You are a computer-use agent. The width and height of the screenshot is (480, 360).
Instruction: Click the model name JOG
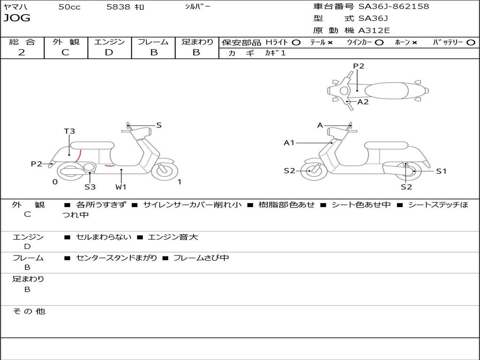pyautogui.click(x=17, y=18)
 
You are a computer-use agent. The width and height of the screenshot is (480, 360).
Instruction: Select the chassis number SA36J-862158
pyautogui.click(x=394, y=7)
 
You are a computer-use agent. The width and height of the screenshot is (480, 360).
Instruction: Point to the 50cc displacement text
pyautogui.click(x=69, y=7)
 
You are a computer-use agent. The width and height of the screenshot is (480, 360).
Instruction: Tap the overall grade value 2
pyautogui.click(x=22, y=52)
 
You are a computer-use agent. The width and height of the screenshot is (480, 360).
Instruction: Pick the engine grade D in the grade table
pyautogui.click(x=109, y=52)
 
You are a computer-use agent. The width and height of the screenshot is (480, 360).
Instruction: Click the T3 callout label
pyautogui.click(x=69, y=131)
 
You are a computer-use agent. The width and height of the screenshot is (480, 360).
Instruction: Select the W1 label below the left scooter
pyautogui.click(x=121, y=187)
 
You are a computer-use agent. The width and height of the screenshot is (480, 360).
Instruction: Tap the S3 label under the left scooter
pyautogui.click(x=90, y=187)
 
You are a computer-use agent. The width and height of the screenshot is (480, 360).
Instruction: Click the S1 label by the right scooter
pyautogui.click(x=441, y=172)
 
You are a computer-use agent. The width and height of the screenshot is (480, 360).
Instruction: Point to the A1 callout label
pyautogui.click(x=289, y=142)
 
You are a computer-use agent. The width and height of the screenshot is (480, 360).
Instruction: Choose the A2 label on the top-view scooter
pyautogui.click(x=363, y=102)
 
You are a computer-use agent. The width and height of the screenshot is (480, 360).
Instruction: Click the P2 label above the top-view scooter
pyautogui.click(x=359, y=66)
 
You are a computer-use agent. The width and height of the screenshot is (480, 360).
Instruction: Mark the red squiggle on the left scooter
pyautogui.click(x=109, y=166)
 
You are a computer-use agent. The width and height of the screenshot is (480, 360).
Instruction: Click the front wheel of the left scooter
pyautogui.click(x=165, y=170)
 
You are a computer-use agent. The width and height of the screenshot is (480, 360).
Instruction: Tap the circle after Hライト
pyautogui.click(x=296, y=43)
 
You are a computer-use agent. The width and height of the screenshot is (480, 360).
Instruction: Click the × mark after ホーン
pyautogui.click(x=414, y=43)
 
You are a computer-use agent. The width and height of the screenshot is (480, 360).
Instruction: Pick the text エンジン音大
pyautogui.click(x=173, y=237)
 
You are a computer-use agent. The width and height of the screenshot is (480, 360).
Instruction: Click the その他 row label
pyautogui.click(x=29, y=311)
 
